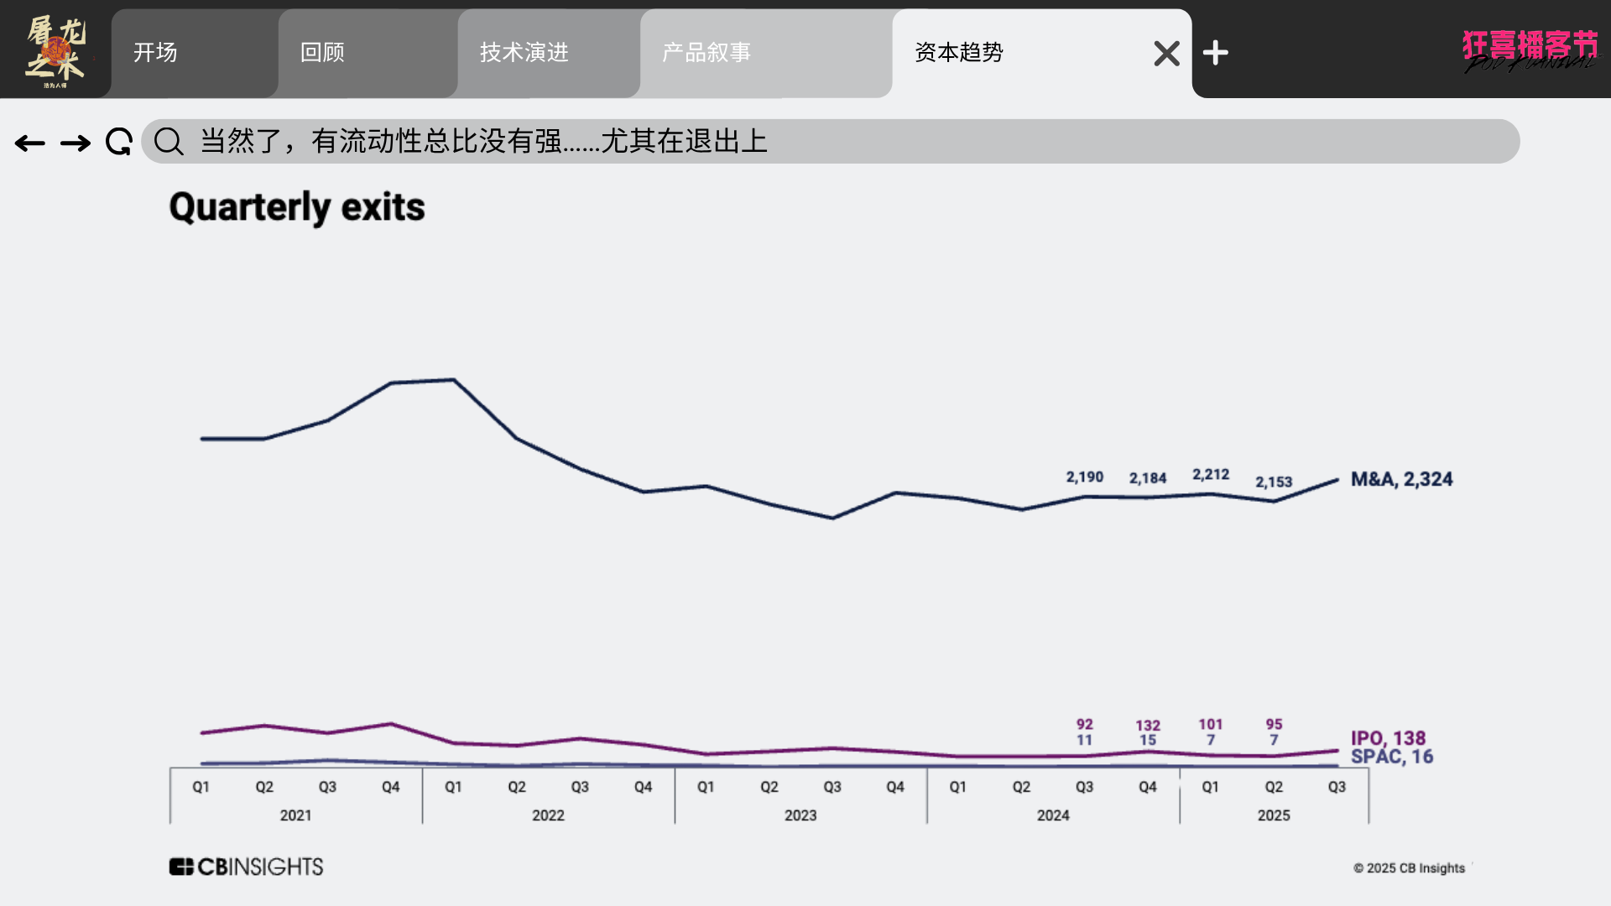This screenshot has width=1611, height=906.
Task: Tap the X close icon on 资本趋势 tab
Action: point(1166,54)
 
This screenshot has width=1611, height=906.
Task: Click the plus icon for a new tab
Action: point(1215,54)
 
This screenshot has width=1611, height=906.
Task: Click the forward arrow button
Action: point(76,143)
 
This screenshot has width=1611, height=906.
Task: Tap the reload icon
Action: point(118,142)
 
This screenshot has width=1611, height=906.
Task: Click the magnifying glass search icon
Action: point(169,142)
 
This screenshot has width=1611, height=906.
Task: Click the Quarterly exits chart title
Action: point(297,207)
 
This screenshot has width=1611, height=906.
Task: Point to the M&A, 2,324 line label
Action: point(1401,479)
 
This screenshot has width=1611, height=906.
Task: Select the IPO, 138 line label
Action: point(1388,738)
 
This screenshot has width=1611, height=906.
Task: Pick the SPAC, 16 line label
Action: point(1392,757)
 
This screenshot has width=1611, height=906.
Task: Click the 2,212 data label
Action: point(1211,475)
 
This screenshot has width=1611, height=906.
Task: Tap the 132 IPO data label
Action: point(1148,726)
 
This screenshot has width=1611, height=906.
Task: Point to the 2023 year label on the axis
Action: point(800,815)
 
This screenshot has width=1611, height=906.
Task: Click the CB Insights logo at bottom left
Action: point(246,867)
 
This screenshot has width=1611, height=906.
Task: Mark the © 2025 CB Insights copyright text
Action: point(1409,868)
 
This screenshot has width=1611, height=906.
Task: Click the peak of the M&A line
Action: point(454,380)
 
